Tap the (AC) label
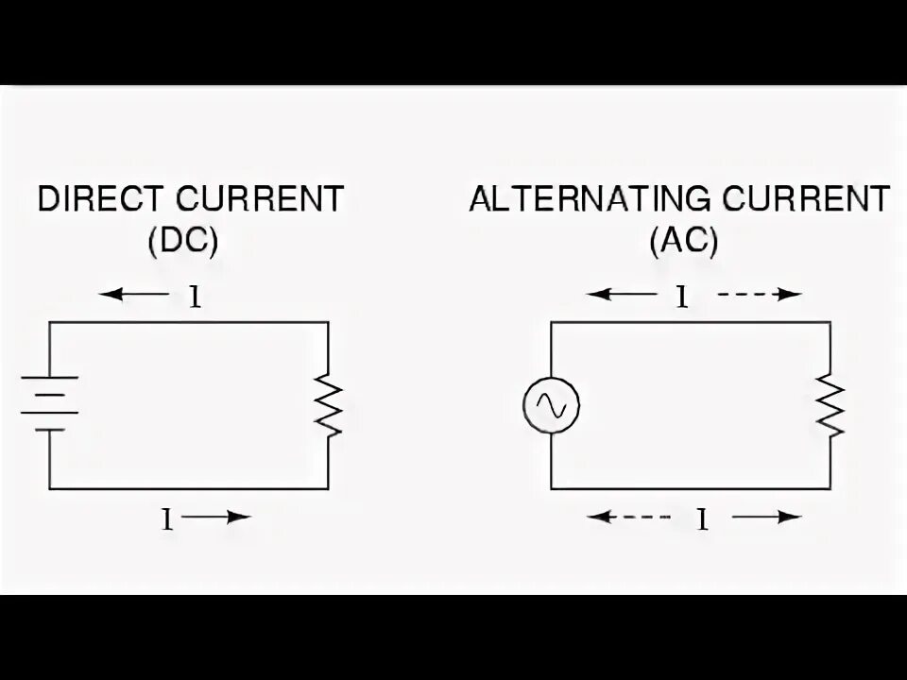(x=683, y=242)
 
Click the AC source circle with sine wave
(x=551, y=405)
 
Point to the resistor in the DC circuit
(x=328, y=405)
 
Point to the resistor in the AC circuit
(x=830, y=405)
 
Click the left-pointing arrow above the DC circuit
(x=137, y=295)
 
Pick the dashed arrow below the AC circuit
(x=627, y=517)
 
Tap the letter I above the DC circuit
(x=196, y=297)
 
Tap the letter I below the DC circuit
(x=167, y=518)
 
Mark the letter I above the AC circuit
(x=679, y=297)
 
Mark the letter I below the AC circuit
(x=702, y=518)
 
